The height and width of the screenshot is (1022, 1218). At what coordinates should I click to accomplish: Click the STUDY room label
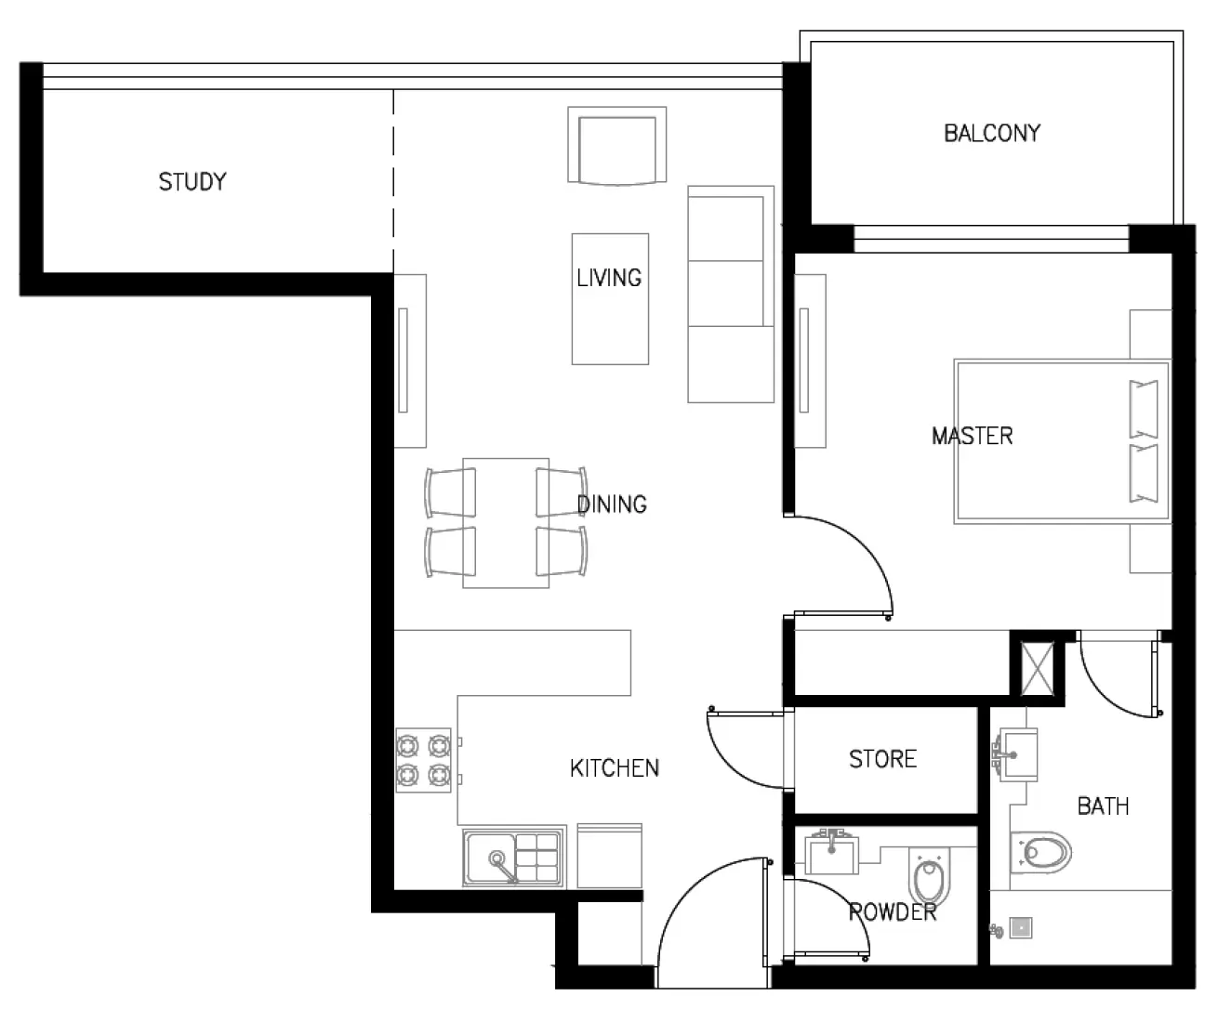(x=192, y=181)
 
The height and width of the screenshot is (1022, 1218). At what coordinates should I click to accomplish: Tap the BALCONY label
(x=991, y=133)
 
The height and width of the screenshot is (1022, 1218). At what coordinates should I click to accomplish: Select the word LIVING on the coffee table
(x=609, y=277)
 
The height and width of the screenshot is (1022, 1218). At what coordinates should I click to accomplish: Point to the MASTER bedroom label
(x=972, y=435)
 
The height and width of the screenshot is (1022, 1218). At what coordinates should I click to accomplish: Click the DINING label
(x=612, y=504)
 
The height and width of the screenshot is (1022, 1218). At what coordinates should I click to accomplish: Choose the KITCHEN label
(x=614, y=767)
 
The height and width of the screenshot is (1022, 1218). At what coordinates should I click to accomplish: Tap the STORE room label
(x=882, y=759)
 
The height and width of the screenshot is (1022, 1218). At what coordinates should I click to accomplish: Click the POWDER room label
(x=892, y=912)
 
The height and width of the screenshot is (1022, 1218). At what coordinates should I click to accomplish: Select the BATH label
(x=1103, y=806)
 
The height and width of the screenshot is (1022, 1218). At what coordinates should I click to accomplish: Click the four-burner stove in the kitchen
(x=424, y=759)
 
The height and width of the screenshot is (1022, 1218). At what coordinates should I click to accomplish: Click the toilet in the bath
(x=1040, y=851)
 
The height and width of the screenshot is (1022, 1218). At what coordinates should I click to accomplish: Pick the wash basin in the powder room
(x=833, y=850)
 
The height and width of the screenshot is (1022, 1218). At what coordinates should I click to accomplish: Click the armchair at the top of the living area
(x=617, y=146)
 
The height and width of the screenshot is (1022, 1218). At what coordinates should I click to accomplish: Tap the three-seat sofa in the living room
(x=731, y=294)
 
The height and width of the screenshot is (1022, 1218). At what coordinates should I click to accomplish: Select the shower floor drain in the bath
(x=1022, y=926)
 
